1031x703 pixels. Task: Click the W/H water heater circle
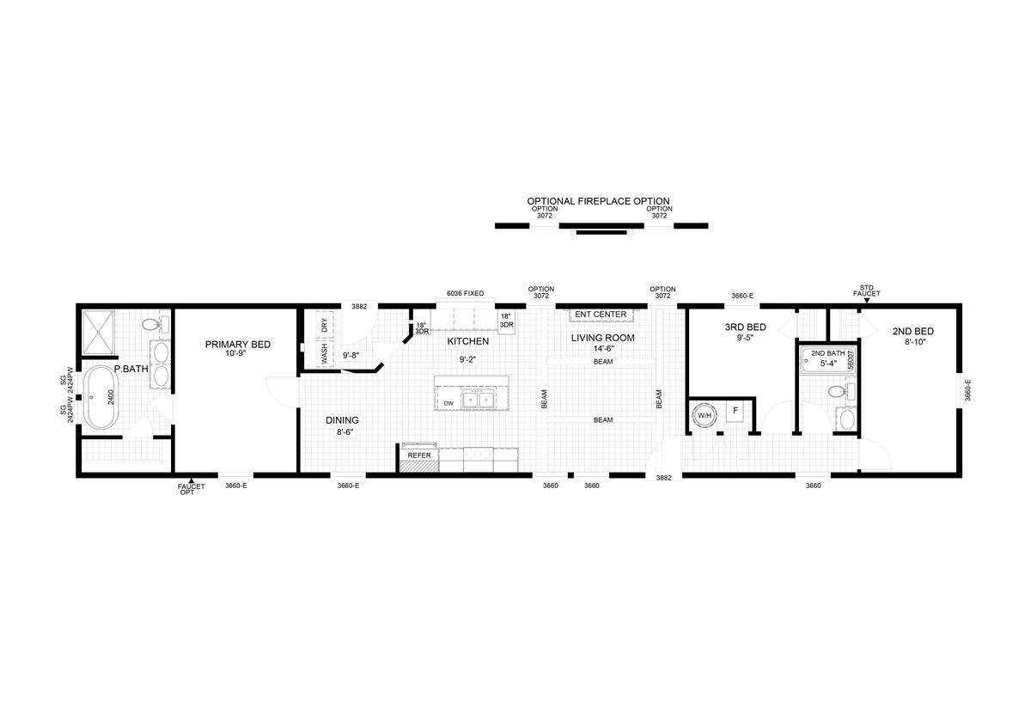[x=704, y=415]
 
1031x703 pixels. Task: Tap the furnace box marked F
[x=735, y=411]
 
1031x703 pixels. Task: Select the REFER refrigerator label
[x=419, y=455]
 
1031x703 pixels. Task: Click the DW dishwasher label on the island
[x=448, y=403]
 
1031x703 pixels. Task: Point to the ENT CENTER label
[x=601, y=314]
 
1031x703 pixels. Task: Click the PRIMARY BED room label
[x=238, y=345]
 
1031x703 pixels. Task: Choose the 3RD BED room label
[x=745, y=327]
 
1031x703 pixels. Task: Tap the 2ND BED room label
[x=912, y=331]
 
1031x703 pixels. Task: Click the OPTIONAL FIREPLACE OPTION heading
[x=598, y=201]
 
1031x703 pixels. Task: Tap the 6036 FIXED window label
[x=466, y=293]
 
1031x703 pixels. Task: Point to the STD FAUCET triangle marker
[x=867, y=301]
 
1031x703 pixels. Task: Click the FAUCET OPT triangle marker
[x=192, y=480]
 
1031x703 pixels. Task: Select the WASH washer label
[x=325, y=353]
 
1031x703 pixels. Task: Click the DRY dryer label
[x=325, y=326]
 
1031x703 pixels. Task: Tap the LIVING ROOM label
[x=603, y=338]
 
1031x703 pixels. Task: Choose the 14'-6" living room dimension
[x=603, y=349]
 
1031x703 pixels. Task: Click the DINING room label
[x=342, y=420]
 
